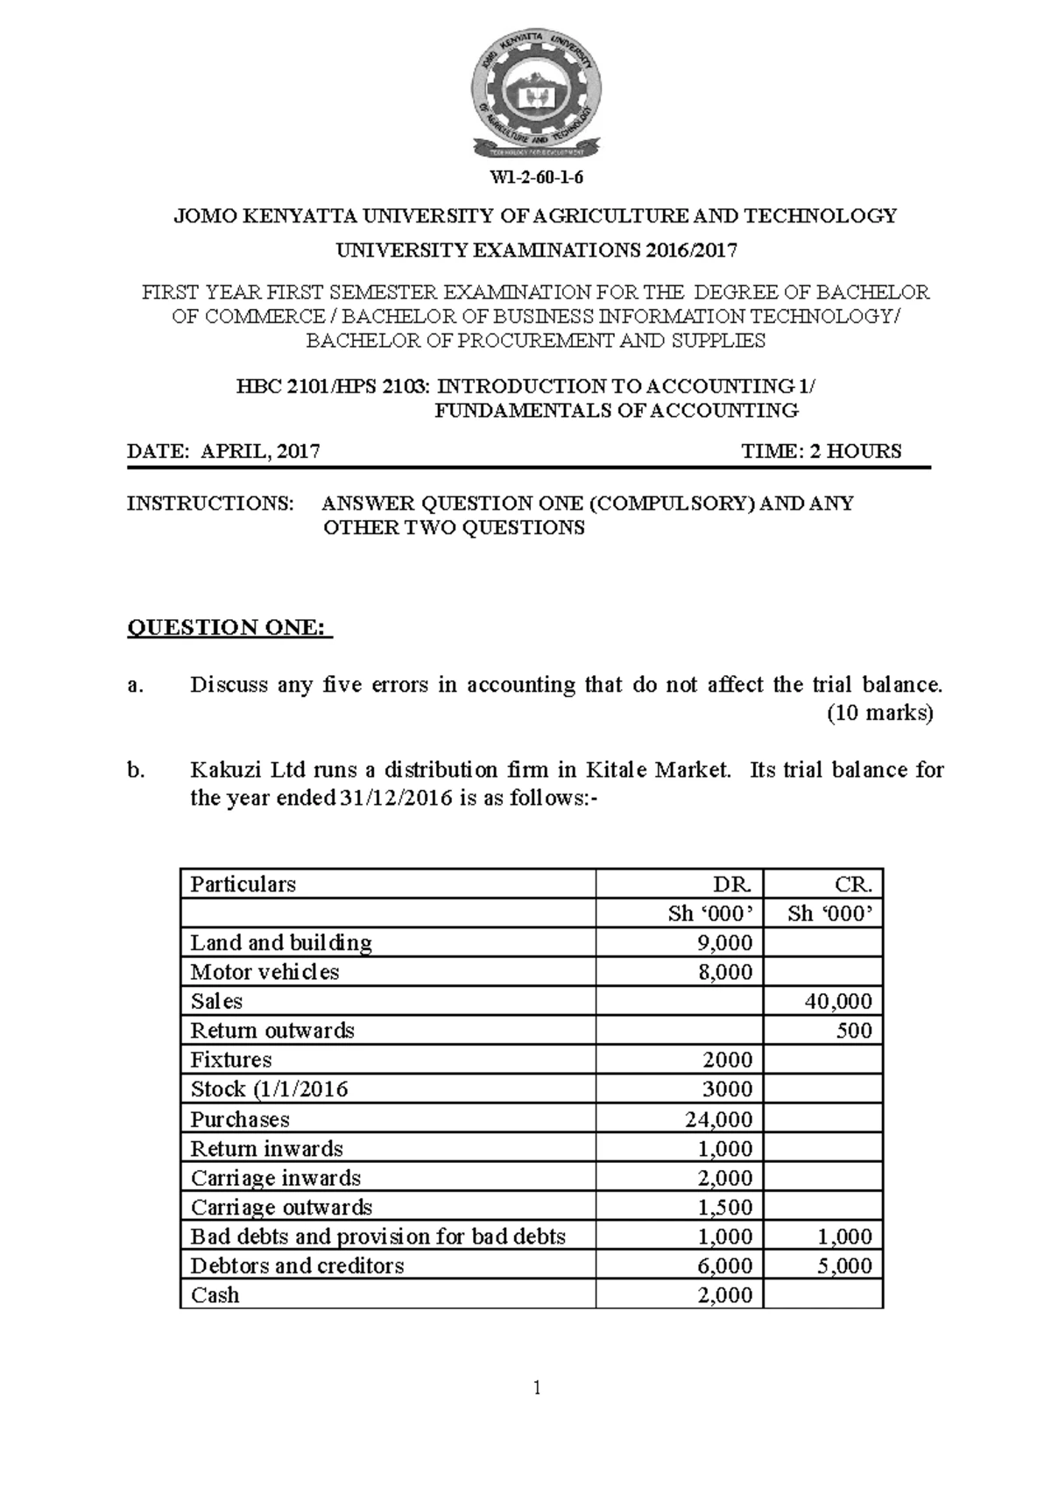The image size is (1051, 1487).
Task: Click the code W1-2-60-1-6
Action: click(536, 178)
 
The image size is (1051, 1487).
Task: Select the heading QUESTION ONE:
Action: click(229, 628)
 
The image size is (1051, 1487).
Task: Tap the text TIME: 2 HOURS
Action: click(821, 451)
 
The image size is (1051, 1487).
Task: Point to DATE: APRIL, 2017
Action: click(223, 451)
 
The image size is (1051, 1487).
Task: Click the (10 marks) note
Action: click(880, 713)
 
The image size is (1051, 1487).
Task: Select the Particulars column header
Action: click(243, 884)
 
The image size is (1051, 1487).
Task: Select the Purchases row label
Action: click(240, 1119)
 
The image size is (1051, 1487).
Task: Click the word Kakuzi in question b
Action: click(219, 771)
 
